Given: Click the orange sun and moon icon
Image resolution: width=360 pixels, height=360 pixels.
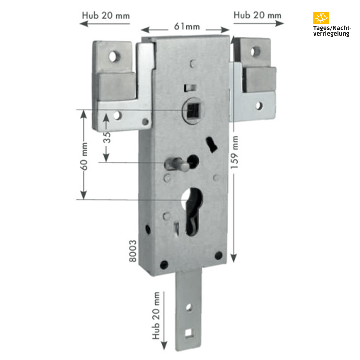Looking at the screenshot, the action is (x=321, y=18).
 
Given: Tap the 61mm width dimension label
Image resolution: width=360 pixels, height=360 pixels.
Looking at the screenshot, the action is (x=187, y=27).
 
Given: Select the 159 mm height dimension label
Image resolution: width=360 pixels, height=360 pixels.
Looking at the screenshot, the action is (x=234, y=152).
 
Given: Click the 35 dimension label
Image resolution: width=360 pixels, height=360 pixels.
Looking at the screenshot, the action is (x=107, y=137).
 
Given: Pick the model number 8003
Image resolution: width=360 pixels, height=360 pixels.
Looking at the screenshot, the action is (x=133, y=251).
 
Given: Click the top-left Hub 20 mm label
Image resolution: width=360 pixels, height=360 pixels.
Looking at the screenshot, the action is (x=106, y=16).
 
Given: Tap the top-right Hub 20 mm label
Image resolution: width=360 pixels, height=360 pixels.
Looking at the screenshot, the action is (x=257, y=15).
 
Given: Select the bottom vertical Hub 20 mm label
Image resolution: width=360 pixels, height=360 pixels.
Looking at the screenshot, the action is (x=156, y=315).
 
